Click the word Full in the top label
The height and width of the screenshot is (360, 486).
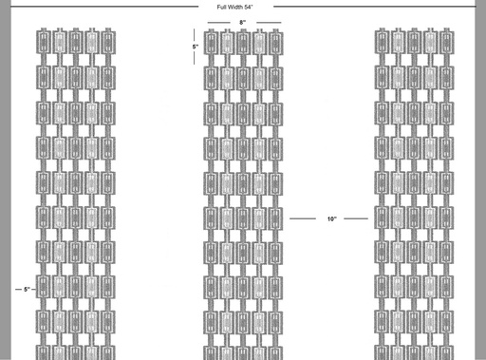[x=221, y=7]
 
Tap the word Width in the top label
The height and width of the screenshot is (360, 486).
[x=234, y=7]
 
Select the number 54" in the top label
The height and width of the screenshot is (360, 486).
[x=249, y=7]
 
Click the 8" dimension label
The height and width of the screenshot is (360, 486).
[x=243, y=23]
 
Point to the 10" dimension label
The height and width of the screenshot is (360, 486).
[x=332, y=218]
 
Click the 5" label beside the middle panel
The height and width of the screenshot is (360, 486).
[x=196, y=47]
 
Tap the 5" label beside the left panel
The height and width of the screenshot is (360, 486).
[x=27, y=290]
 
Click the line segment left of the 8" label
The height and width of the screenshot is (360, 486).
[x=219, y=23]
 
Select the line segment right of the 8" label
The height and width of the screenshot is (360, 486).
[x=269, y=23]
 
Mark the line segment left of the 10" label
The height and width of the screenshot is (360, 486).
[x=303, y=218]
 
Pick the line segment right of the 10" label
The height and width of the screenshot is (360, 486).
[x=356, y=218]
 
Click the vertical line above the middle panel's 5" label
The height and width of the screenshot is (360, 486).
[x=195, y=35]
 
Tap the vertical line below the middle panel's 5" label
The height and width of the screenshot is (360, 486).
[x=195, y=58]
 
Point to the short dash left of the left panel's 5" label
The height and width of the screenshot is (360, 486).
[x=18, y=290]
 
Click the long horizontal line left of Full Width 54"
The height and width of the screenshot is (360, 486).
[x=104, y=7]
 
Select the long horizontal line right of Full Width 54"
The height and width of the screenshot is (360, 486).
[x=374, y=7]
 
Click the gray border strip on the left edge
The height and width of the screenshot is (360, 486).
[x=5, y=180]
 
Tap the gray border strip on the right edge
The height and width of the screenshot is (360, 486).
[x=480, y=180]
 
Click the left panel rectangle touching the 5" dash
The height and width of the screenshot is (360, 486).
[x=43, y=287]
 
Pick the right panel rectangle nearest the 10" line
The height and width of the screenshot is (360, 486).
[x=382, y=218]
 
